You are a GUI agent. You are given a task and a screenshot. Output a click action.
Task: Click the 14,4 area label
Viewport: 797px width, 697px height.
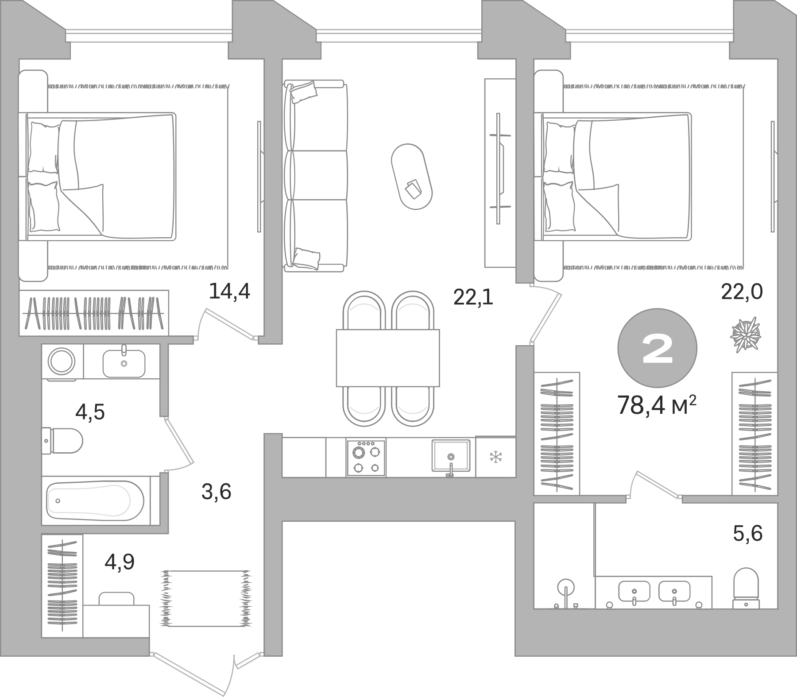click(229, 291)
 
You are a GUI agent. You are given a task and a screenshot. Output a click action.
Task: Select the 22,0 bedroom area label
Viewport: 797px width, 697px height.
click(741, 291)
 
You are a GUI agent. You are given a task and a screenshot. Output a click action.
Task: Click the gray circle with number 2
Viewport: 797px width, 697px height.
click(657, 348)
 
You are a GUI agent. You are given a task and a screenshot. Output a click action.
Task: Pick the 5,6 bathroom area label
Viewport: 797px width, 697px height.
click(748, 533)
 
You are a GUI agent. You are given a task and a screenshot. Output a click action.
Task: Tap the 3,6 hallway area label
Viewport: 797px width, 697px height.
click(217, 491)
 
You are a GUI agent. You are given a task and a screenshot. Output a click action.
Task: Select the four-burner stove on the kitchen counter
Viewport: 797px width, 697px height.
click(366, 457)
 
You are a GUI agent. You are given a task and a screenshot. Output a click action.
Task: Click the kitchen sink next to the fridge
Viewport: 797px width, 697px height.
click(451, 456)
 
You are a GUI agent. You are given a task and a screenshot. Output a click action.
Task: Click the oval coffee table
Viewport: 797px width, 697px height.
click(412, 177)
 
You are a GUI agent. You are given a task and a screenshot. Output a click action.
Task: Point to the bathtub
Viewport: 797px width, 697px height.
click(95, 501)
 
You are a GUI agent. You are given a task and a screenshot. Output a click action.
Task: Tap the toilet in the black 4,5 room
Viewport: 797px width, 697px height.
click(63, 441)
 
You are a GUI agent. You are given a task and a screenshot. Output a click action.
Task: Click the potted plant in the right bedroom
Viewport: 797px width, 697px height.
click(745, 335)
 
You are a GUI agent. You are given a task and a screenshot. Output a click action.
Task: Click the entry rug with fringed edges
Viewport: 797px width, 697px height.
click(205, 598)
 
